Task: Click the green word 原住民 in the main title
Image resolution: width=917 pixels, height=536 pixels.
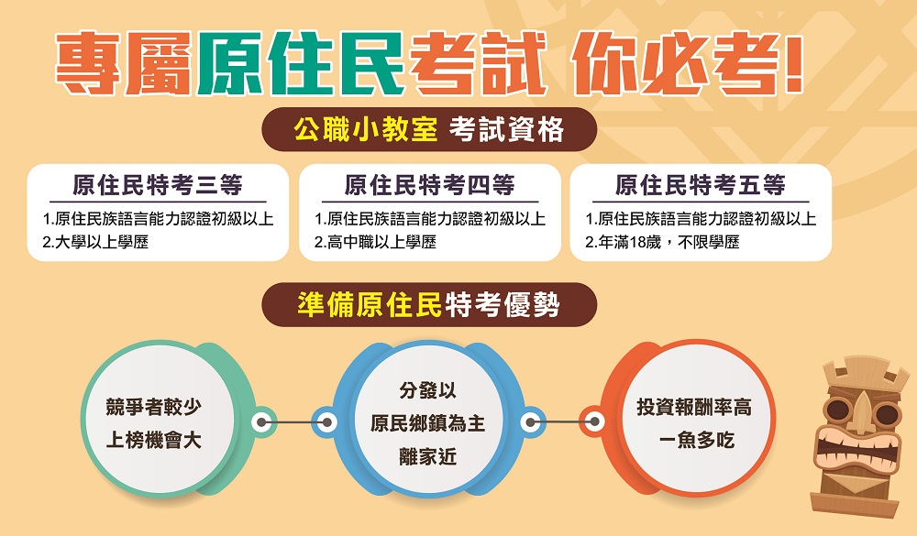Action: coord(301,64)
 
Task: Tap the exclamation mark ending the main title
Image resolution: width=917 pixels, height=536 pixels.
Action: coord(793,64)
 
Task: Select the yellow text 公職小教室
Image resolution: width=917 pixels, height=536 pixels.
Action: coord(366,129)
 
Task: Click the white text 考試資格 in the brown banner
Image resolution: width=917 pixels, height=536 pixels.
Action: coord(506,129)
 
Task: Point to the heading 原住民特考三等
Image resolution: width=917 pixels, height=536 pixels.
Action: coord(158,185)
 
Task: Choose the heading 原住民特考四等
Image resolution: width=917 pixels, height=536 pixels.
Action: coord(429,185)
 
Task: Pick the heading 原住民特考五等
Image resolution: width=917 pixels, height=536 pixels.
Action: coord(700,185)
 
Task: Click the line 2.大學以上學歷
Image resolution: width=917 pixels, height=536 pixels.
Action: coord(95,242)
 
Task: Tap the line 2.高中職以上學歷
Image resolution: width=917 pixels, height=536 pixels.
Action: coord(375,242)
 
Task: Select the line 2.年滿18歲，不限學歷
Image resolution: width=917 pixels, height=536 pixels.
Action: coord(662,242)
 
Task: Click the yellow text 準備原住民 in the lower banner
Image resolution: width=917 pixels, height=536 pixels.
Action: coord(370,304)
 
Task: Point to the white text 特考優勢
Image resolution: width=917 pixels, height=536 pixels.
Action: coord(503,304)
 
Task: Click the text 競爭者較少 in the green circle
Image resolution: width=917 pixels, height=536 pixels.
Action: coord(154,406)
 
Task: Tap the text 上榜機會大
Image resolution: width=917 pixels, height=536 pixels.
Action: coord(154,440)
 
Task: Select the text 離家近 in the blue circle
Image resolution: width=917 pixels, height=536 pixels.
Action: coord(427,456)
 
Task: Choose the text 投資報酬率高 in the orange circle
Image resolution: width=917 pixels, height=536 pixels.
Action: coord(694,407)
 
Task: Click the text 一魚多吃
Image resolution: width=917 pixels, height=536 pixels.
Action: coord(696,440)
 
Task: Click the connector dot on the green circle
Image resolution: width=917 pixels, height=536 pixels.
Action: coord(262,422)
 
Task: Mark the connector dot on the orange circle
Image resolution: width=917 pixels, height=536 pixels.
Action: coord(594,421)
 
